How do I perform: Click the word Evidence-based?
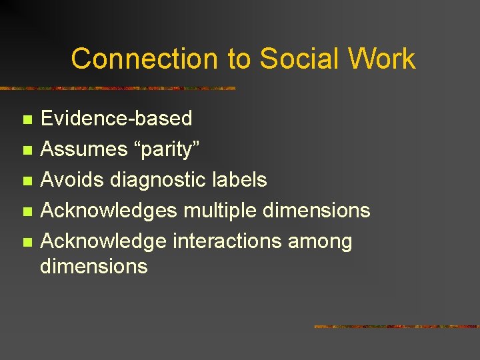116,119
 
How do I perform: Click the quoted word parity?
157,149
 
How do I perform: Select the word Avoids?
72,180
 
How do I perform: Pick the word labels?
237,180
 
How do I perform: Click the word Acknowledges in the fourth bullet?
109,211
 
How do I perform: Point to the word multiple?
220,211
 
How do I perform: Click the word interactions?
227,241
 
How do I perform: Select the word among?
319,241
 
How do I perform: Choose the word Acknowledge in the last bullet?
104,241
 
